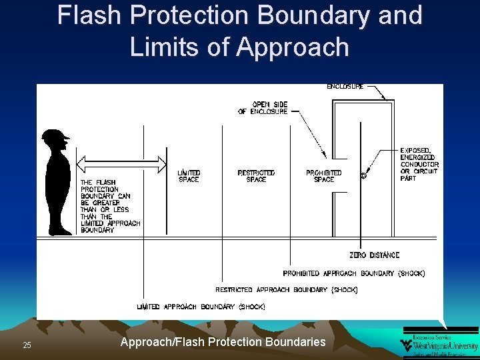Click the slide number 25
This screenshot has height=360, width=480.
click(27, 345)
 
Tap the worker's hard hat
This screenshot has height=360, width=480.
click(55, 136)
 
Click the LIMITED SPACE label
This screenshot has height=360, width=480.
click(189, 176)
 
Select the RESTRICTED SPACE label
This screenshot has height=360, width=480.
click(256, 176)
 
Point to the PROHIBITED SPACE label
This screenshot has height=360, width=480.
click(324, 176)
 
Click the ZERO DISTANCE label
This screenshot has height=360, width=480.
click(374, 255)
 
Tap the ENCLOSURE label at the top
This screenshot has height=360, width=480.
click(345, 87)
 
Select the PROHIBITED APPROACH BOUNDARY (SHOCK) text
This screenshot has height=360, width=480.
click(353, 273)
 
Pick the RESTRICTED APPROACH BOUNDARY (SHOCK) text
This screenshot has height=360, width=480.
click(287, 290)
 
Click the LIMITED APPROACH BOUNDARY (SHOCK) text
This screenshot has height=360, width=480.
click(201, 307)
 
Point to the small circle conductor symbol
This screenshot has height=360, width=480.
click(363, 176)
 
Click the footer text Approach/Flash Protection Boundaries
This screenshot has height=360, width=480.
click(223, 342)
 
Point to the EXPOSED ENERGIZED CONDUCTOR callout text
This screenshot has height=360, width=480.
click(419, 164)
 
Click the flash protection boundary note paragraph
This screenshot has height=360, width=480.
click(110, 206)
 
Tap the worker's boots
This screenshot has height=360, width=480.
click(61, 231)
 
